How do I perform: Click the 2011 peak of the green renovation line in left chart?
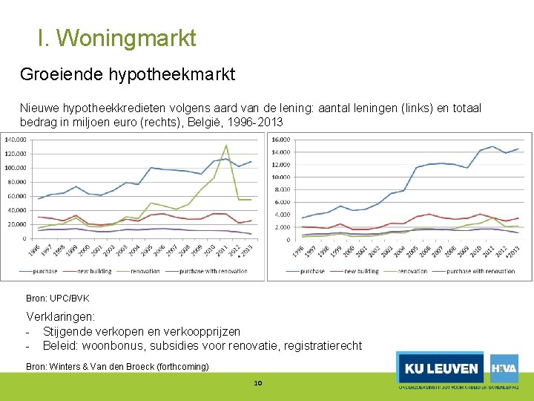226,146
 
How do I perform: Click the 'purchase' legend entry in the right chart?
312,271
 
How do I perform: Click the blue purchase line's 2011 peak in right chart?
493,146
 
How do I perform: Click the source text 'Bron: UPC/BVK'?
58,299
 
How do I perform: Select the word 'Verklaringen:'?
61,317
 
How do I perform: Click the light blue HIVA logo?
504,368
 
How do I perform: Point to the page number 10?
258,383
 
